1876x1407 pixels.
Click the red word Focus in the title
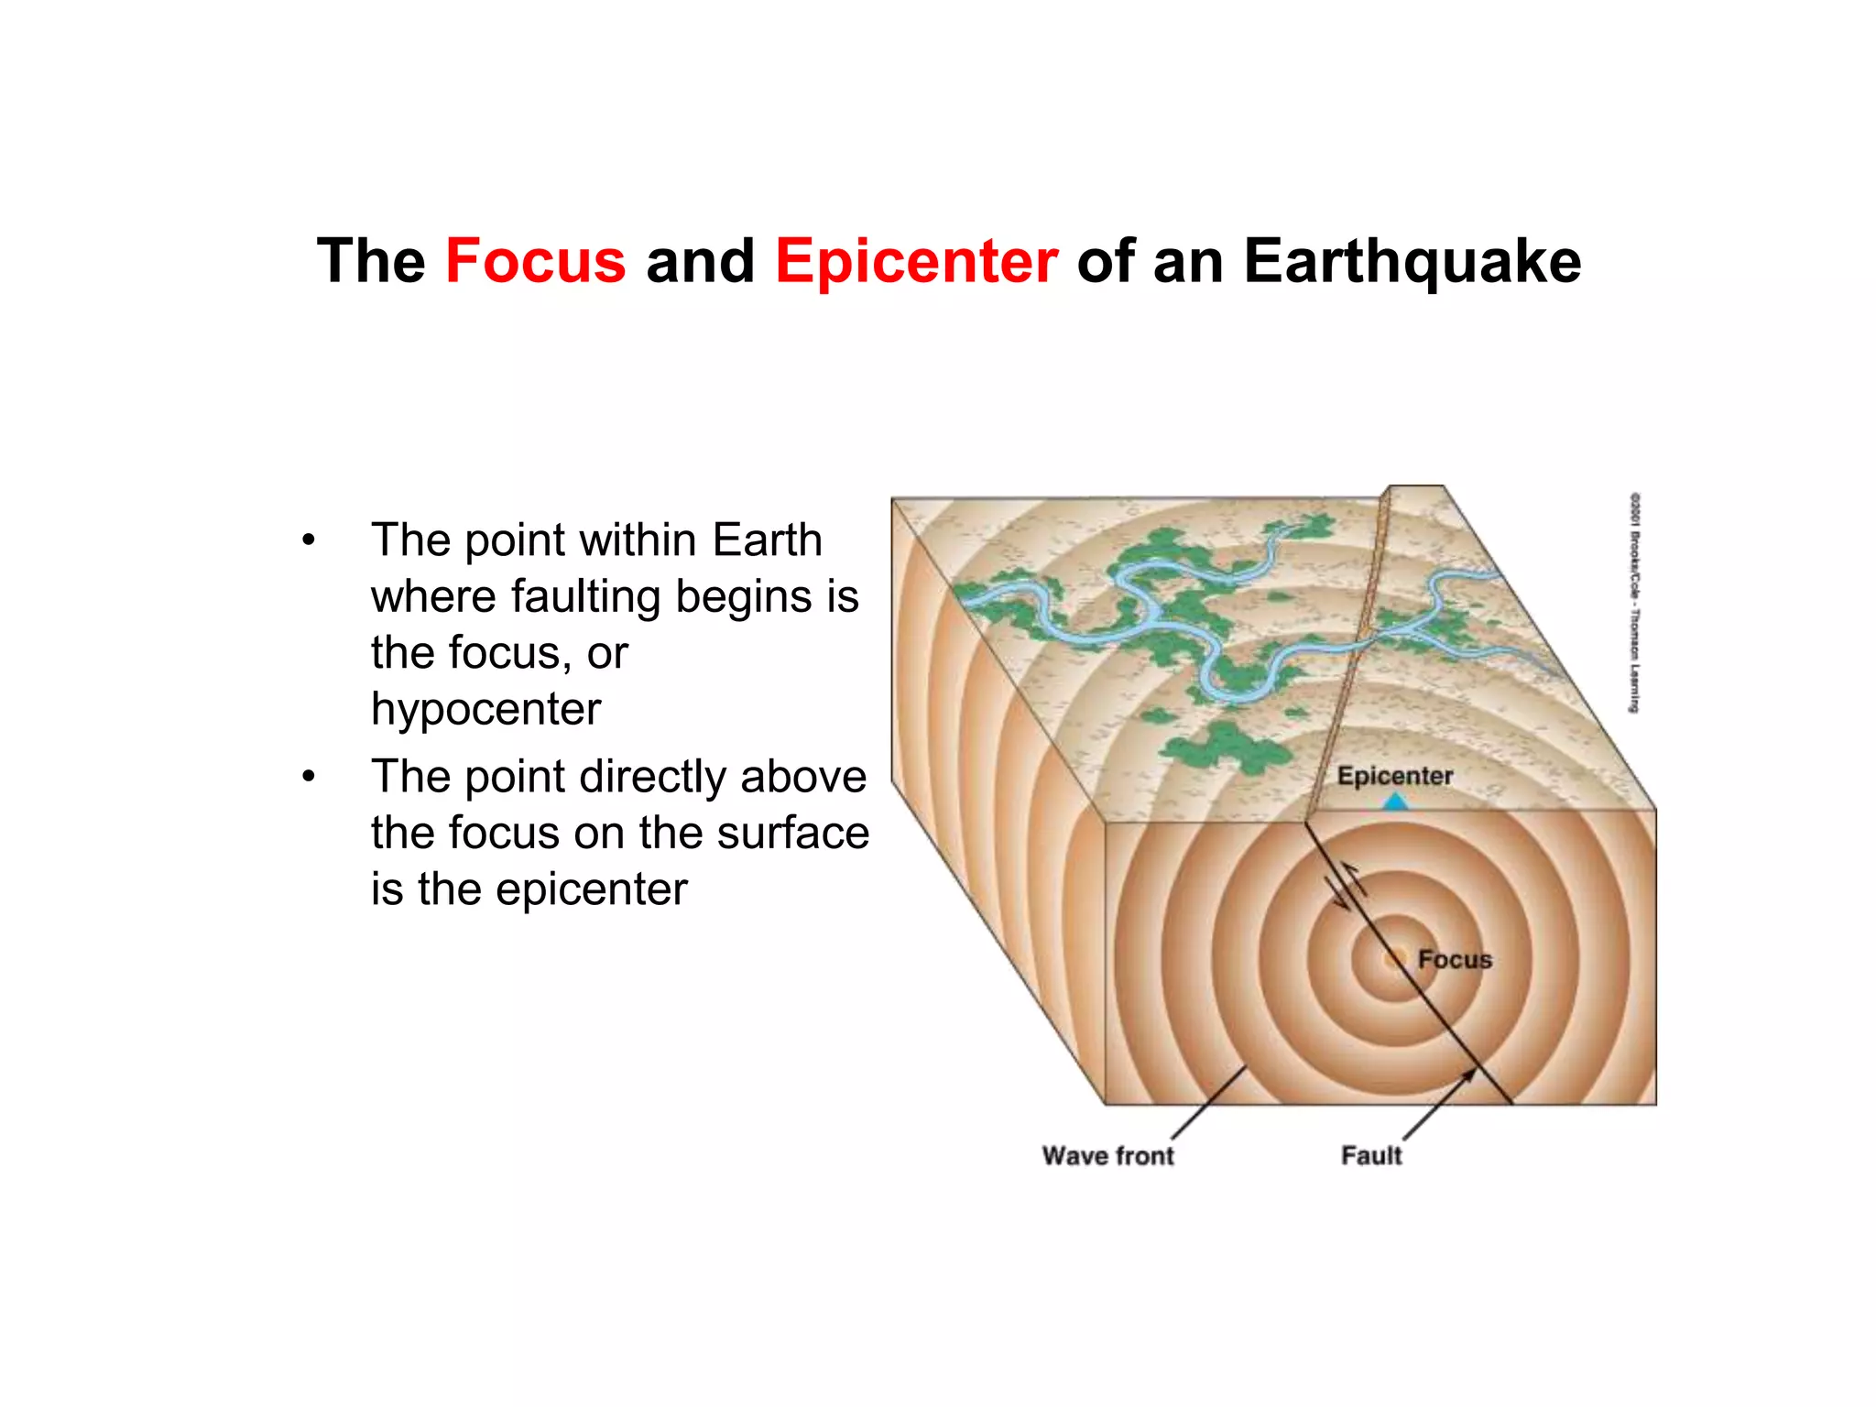click(x=535, y=261)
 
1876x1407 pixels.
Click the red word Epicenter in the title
click(x=916, y=261)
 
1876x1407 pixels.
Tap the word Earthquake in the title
click(x=1412, y=261)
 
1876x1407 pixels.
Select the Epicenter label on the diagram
click(x=1394, y=776)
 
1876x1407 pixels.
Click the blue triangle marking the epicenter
click(x=1394, y=802)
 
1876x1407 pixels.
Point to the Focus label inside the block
click(x=1455, y=959)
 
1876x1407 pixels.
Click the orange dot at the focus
click(x=1394, y=959)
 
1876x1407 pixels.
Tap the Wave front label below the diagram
click(x=1107, y=1155)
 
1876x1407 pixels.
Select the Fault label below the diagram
click(x=1371, y=1155)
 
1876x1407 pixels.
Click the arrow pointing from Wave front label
click(x=1209, y=1103)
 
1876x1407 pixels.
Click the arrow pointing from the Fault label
click(x=1440, y=1105)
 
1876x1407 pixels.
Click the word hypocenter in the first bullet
click(x=485, y=709)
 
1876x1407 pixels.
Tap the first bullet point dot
click(x=309, y=540)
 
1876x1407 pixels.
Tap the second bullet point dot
click(x=309, y=777)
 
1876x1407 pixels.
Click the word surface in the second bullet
click(x=792, y=833)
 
